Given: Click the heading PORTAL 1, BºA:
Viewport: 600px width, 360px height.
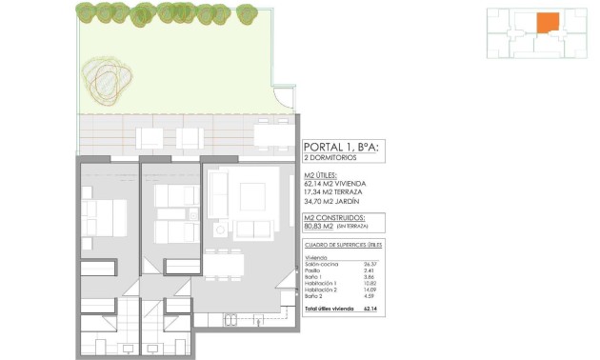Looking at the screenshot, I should click(340, 147).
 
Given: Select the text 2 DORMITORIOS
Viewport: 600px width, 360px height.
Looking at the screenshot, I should click(330, 158).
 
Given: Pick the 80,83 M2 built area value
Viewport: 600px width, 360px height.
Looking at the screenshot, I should click(318, 227).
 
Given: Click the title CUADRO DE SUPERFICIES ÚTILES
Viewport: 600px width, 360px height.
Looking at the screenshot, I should click(342, 246).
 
